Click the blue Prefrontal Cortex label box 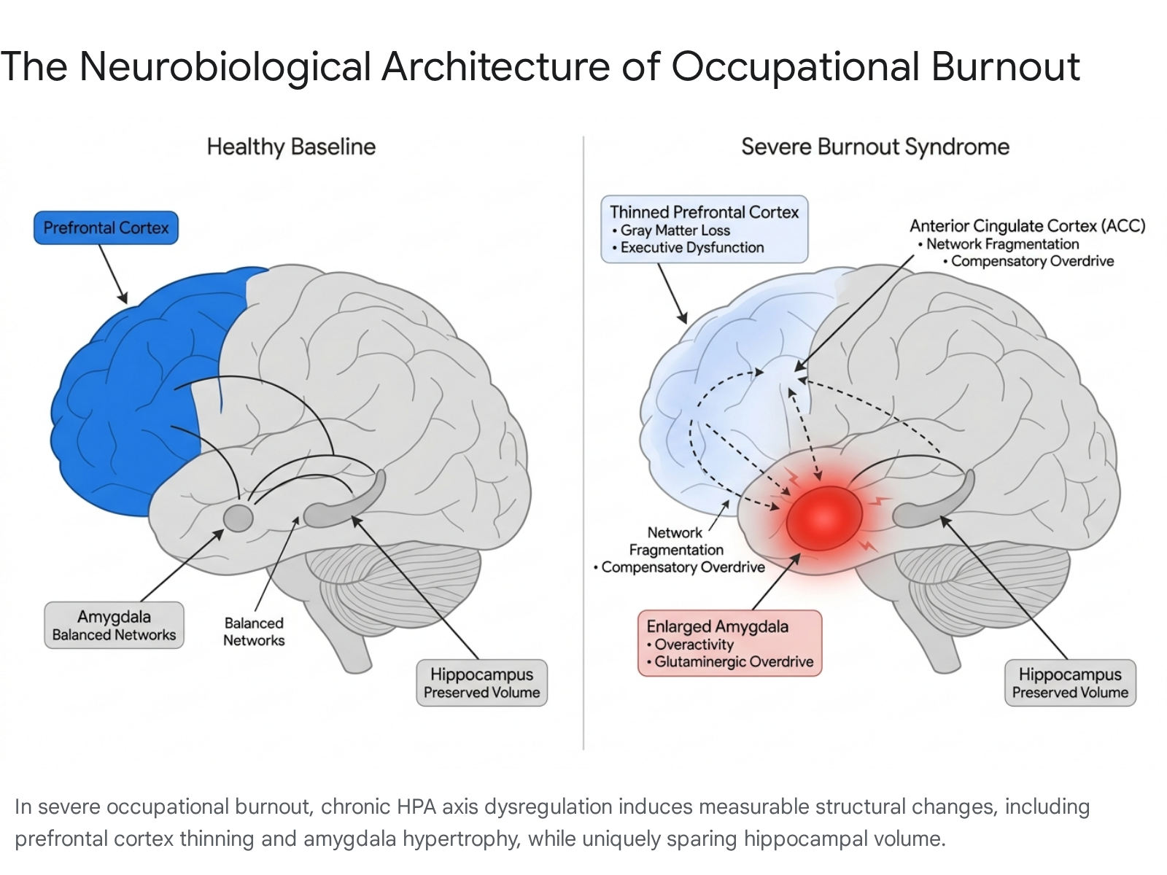point(106,228)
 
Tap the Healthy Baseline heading point(291,147)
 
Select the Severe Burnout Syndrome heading point(875,147)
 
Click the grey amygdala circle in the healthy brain point(239,518)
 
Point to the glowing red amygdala point(824,518)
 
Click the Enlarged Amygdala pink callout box point(729,643)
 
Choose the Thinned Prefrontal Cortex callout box point(704,229)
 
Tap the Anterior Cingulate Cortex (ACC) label point(1027,226)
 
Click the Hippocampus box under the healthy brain point(481,682)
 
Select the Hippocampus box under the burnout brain point(1070,682)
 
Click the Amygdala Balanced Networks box point(114,625)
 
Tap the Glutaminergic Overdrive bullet point(730,661)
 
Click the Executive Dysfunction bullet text point(688,248)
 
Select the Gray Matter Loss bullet point(671,230)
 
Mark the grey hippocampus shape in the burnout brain point(934,500)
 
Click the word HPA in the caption point(416,806)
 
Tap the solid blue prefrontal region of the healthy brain point(133,393)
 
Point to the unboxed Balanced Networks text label point(254,631)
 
